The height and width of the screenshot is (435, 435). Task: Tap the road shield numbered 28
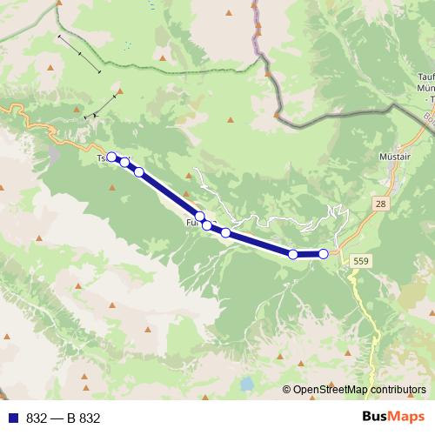coord(380,202)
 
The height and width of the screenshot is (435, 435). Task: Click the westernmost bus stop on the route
coord(111,157)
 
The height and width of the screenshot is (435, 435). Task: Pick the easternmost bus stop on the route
coord(324,254)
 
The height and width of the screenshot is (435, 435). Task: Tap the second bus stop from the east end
coord(293,254)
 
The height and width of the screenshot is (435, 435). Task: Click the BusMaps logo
coord(394,418)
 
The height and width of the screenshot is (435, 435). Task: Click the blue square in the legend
coord(14,418)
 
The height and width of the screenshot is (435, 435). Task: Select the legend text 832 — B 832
coord(64,418)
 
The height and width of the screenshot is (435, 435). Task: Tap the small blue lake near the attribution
coord(249,383)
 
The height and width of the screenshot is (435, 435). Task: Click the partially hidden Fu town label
coord(191,224)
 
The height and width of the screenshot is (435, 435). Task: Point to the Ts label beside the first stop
coord(100,159)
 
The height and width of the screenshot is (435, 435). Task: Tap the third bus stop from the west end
coord(139,171)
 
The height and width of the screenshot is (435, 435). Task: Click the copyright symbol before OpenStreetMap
coord(287,390)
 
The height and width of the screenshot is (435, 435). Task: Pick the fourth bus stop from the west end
coord(200,217)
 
